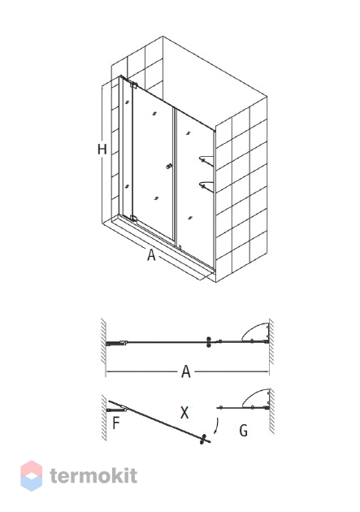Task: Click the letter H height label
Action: click(102, 150)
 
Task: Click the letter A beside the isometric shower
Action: click(151, 254)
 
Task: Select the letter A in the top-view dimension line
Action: click(186, 371)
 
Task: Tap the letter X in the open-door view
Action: click(184, 413)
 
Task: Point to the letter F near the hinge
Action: click(116, 423)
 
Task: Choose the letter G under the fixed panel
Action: click(244, 431)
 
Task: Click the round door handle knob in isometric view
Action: click(169, 167)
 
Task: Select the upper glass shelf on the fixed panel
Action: click(206, 160)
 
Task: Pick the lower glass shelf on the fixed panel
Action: click(206, 186)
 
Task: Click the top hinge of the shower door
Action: click(134, 85)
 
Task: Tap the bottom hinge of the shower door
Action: click(133, 218)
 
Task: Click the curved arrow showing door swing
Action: click(216, 426)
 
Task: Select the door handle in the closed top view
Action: click(209, 342)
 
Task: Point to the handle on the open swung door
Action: click(204, 439)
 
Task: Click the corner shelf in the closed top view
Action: click(255, 332)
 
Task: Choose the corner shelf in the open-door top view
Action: click(255, 398)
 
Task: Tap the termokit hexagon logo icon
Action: click(32, 475)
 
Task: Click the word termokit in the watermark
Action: click(93, 475)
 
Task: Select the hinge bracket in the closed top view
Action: click(116, 343)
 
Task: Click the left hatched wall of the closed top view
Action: click(103, 341)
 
